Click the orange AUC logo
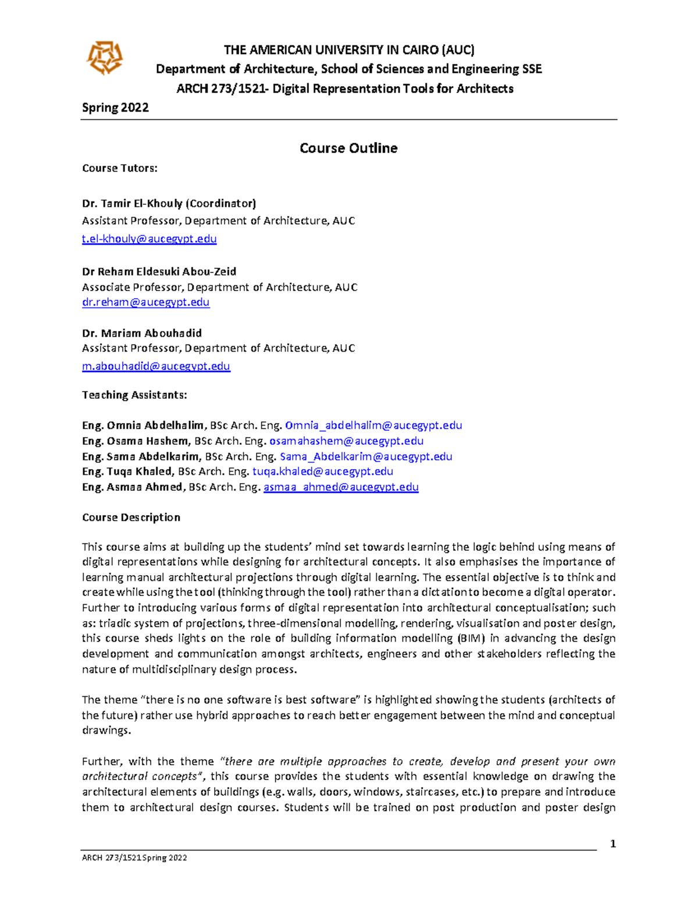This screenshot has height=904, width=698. click(105, 58)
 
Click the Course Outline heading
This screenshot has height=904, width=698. click(348, 148)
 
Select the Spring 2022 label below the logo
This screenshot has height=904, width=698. click(115, 108)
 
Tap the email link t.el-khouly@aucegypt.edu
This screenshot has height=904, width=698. click(149, 239)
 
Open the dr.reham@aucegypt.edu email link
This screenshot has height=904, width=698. click(146, 302)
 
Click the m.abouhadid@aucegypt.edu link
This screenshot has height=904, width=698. click(156, 366)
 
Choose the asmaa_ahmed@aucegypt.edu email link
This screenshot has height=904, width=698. click(341, 487)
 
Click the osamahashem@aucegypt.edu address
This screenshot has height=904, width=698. click(346, 441)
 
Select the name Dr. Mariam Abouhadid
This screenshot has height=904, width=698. click(142, 334)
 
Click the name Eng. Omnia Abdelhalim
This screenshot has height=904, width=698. click(143, 426)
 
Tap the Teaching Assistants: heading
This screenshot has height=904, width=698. click(134, 395)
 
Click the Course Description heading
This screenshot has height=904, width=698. click(131, 517)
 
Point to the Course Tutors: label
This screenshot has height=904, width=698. click(120, 168)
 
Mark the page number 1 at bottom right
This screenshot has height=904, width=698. click(612, 844)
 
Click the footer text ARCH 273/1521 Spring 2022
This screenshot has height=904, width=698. click(134, 857)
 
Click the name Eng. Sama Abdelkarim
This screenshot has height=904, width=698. click(141, 457)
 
